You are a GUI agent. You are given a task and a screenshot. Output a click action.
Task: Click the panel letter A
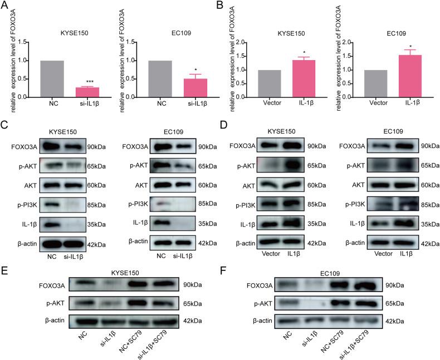(x=4, y=5)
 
